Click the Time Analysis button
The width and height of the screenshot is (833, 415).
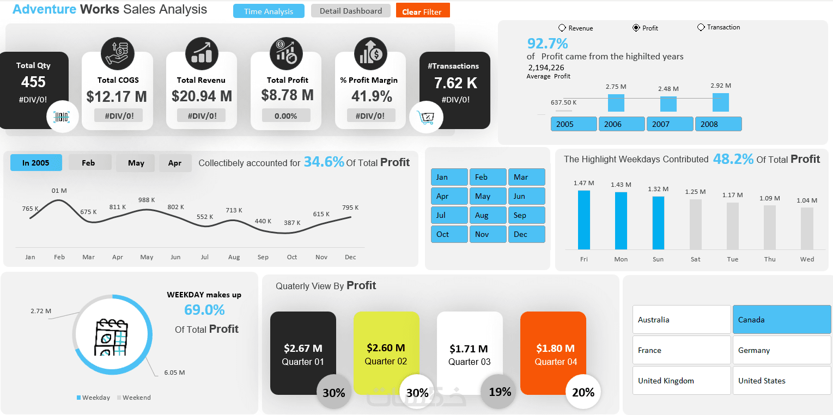[x=269, y=11]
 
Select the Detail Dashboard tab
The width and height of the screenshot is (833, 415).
[x=350, y=11]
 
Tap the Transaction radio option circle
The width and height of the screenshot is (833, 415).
[x=701, y=27]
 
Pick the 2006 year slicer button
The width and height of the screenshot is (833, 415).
[x=621, y=124]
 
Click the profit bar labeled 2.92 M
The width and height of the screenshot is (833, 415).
[x=720, y=102]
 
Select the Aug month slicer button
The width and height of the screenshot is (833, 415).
[x=488, y=215]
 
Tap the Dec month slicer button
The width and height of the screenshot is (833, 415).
[x=526, y=234]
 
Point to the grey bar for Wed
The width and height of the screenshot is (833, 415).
[x=807, y=228]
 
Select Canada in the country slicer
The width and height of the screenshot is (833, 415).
[x=781, y=320]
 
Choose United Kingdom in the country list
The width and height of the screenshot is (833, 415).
[x=681, y=381]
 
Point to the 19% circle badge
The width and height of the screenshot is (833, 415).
[x=498, y=392]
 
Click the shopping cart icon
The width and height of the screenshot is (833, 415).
[x=426, y=117]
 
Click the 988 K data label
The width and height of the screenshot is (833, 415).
[x=147, y=200]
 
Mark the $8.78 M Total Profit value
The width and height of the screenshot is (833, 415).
[x=287, y=95]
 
